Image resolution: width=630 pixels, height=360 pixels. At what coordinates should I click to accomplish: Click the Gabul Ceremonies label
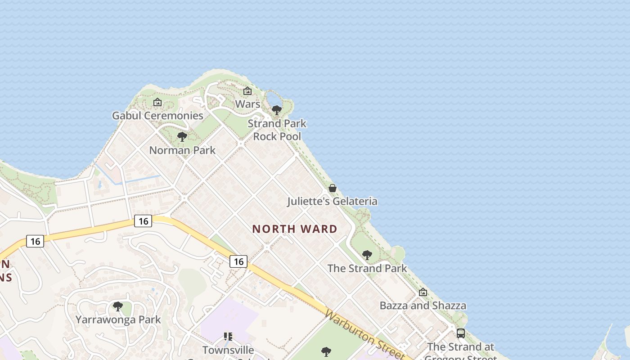pos(157,116)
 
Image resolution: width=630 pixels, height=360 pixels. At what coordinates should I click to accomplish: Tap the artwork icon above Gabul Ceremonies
pos(157,103)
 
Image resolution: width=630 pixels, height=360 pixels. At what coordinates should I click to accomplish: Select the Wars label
pos(247,104)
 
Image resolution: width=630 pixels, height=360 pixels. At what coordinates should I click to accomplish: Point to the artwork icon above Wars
pos(247,91)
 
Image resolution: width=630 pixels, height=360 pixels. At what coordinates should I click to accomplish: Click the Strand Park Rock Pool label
pos(277,130)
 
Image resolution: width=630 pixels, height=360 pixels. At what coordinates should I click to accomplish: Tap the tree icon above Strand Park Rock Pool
pos(277,110)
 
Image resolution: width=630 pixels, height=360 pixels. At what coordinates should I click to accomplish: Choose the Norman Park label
pos(182,150)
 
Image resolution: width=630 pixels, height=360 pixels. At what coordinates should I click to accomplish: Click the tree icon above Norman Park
pos(182,136)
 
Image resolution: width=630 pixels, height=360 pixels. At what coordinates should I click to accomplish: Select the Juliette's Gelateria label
pos(332,201)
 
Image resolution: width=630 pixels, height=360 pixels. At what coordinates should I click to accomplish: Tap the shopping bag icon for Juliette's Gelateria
pos(333,188)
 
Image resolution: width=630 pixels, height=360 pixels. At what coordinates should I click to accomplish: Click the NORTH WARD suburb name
pos(294,229)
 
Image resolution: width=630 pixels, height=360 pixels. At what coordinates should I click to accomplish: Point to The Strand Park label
pos(367,269)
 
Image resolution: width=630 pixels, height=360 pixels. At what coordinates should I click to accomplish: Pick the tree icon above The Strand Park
pos(367,255)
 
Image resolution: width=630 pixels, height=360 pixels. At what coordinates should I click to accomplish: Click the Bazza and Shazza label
pos(423,306)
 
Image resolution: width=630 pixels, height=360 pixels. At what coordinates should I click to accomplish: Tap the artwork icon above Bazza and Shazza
pos(423,292)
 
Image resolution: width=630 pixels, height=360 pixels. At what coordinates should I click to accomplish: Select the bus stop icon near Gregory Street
pos(460,333)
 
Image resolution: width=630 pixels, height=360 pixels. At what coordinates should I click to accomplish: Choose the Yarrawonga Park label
pos(118,320)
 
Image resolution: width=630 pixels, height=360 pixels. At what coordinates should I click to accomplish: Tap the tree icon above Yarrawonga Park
pos(118,306)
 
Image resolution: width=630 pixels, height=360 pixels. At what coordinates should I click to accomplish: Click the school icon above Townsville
pos(228,337)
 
